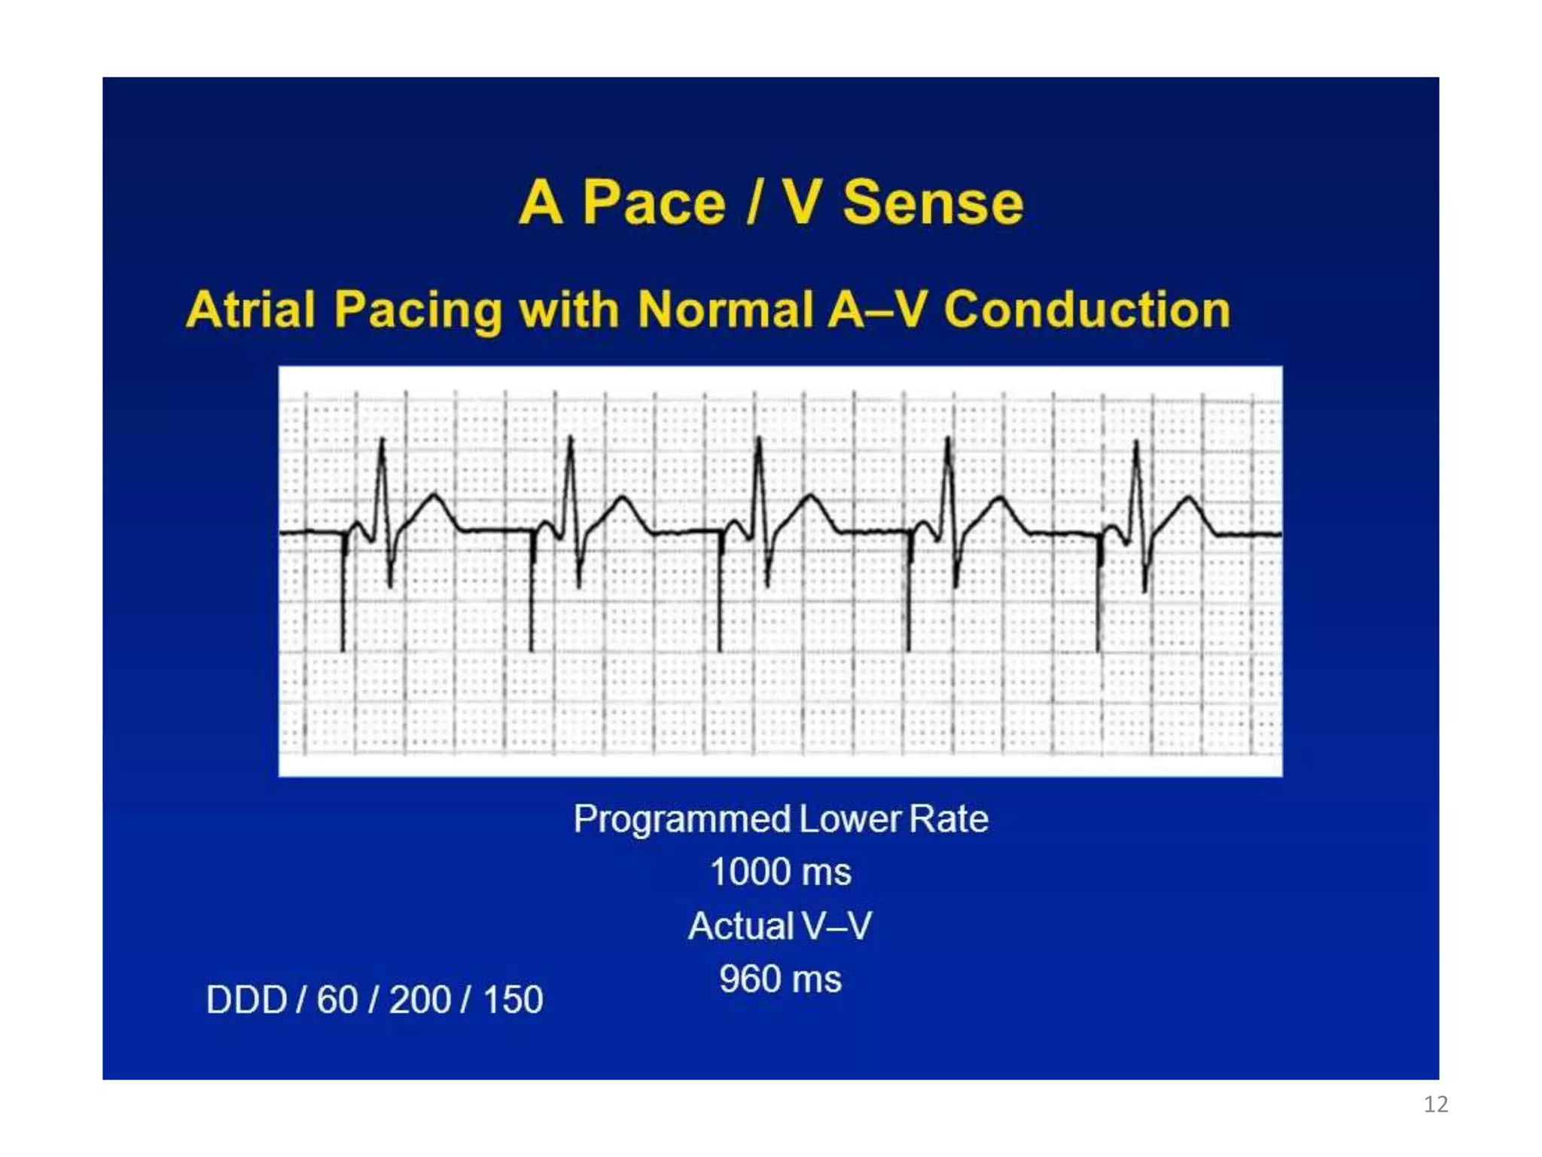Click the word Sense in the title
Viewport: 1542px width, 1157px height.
tap(933, 203)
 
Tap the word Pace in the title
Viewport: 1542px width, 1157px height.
tap(654, 203)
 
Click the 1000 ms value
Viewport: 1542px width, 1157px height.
tap(780, 872)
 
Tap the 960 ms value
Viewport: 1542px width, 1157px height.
tap(780, 979)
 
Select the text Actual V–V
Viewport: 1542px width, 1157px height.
tap(780, 926)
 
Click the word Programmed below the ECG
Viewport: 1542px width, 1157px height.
tap(682, 819)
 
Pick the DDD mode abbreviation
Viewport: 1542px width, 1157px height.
tap(246, 1000)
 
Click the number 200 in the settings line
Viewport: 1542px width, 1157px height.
tap(419, 1000)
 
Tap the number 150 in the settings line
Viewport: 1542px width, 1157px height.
tap(513, 1000)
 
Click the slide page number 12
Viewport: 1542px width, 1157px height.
tap(1435, 1104)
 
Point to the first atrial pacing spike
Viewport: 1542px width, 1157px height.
tap(343, 595)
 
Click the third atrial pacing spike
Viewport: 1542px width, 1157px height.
tap(720, 595)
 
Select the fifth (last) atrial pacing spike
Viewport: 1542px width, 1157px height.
tap(1098, 595)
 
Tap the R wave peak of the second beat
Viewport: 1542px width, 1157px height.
tap(571, 439)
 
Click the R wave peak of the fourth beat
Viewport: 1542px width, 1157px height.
tap(948, 440)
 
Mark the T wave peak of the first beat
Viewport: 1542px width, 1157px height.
tap(434, 494)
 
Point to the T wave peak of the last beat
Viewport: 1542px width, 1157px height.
tap(1189, 497)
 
